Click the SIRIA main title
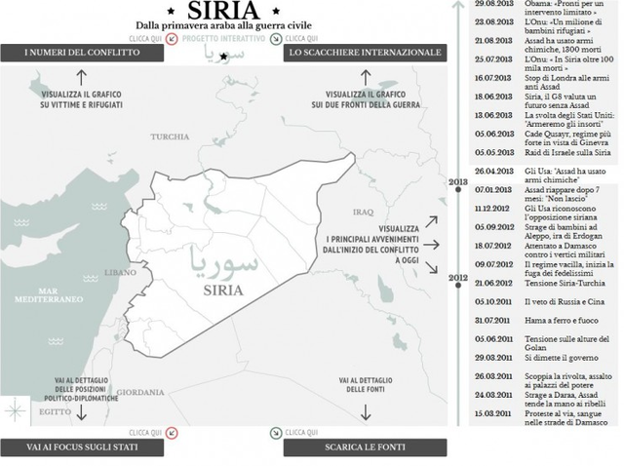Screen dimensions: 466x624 pos(224,12)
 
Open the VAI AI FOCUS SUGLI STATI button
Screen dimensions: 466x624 pos(81,447)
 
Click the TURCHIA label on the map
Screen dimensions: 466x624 pos(170,136)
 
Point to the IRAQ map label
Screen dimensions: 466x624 pos(364,211)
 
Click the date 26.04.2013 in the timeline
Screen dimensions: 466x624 pos(494,171)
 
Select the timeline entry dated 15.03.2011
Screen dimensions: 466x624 pos(494,413)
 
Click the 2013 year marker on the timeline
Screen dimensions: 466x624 pos(457,182)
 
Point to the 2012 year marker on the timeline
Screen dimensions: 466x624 pos(457,278)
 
